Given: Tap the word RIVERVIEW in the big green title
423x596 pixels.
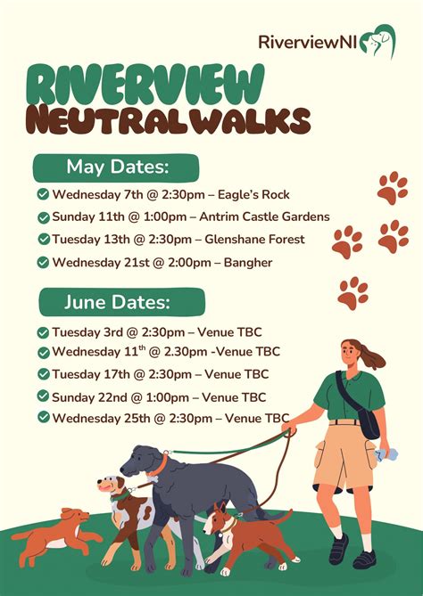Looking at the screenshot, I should pos(146,86).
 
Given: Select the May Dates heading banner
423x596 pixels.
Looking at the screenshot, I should pos(117,167).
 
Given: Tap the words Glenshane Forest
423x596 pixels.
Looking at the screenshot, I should pos(255,239).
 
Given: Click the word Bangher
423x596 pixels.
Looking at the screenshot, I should pos(247,262).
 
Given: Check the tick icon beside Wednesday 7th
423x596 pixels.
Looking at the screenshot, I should pos(43,194).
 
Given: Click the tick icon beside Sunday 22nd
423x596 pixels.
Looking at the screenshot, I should pos(43,396).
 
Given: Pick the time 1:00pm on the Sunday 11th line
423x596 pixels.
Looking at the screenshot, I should pos(149,216).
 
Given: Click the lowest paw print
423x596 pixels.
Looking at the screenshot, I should pos(353,291).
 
